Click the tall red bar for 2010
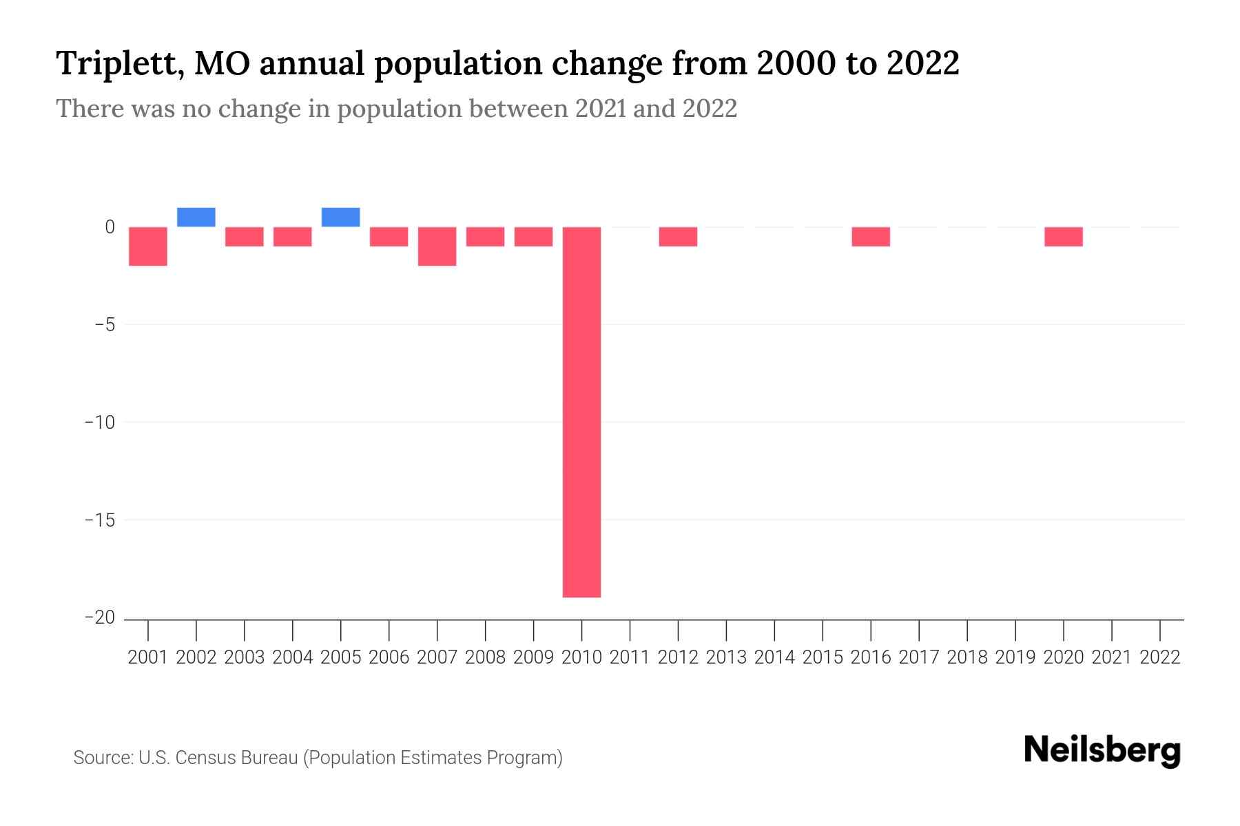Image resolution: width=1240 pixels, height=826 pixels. click(x=581, y=412)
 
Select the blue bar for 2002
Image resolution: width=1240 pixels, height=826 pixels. click(x=196, y=217)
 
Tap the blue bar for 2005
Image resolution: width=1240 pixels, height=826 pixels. click(x=341, y=217)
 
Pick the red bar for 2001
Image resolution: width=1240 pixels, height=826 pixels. click(x=148, y=246)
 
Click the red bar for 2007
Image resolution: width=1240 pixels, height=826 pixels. click(x=437, y=246)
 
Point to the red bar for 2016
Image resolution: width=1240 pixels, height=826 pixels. click(x=871, y=236)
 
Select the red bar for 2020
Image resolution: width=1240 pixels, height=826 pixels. click(x=1064, y=236)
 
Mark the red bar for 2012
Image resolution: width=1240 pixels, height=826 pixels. click(x=678, y=236)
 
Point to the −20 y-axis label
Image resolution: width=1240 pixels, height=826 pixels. click(x=100, y=617)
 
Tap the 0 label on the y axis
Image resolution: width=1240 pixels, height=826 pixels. click(x=110, y=226)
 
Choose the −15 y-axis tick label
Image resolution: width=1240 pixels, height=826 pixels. click(x=100, y=520)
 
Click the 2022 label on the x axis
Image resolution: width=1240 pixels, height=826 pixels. click(x=1160, y=657)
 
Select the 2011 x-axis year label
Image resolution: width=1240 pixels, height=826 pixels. click(x=630, y=657)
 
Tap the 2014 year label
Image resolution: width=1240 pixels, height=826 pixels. click(x=774, y=657)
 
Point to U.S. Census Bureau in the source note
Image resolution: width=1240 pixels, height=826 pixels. click(x=218, y=758)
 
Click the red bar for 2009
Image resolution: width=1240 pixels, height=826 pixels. click(x=533, y=236)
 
